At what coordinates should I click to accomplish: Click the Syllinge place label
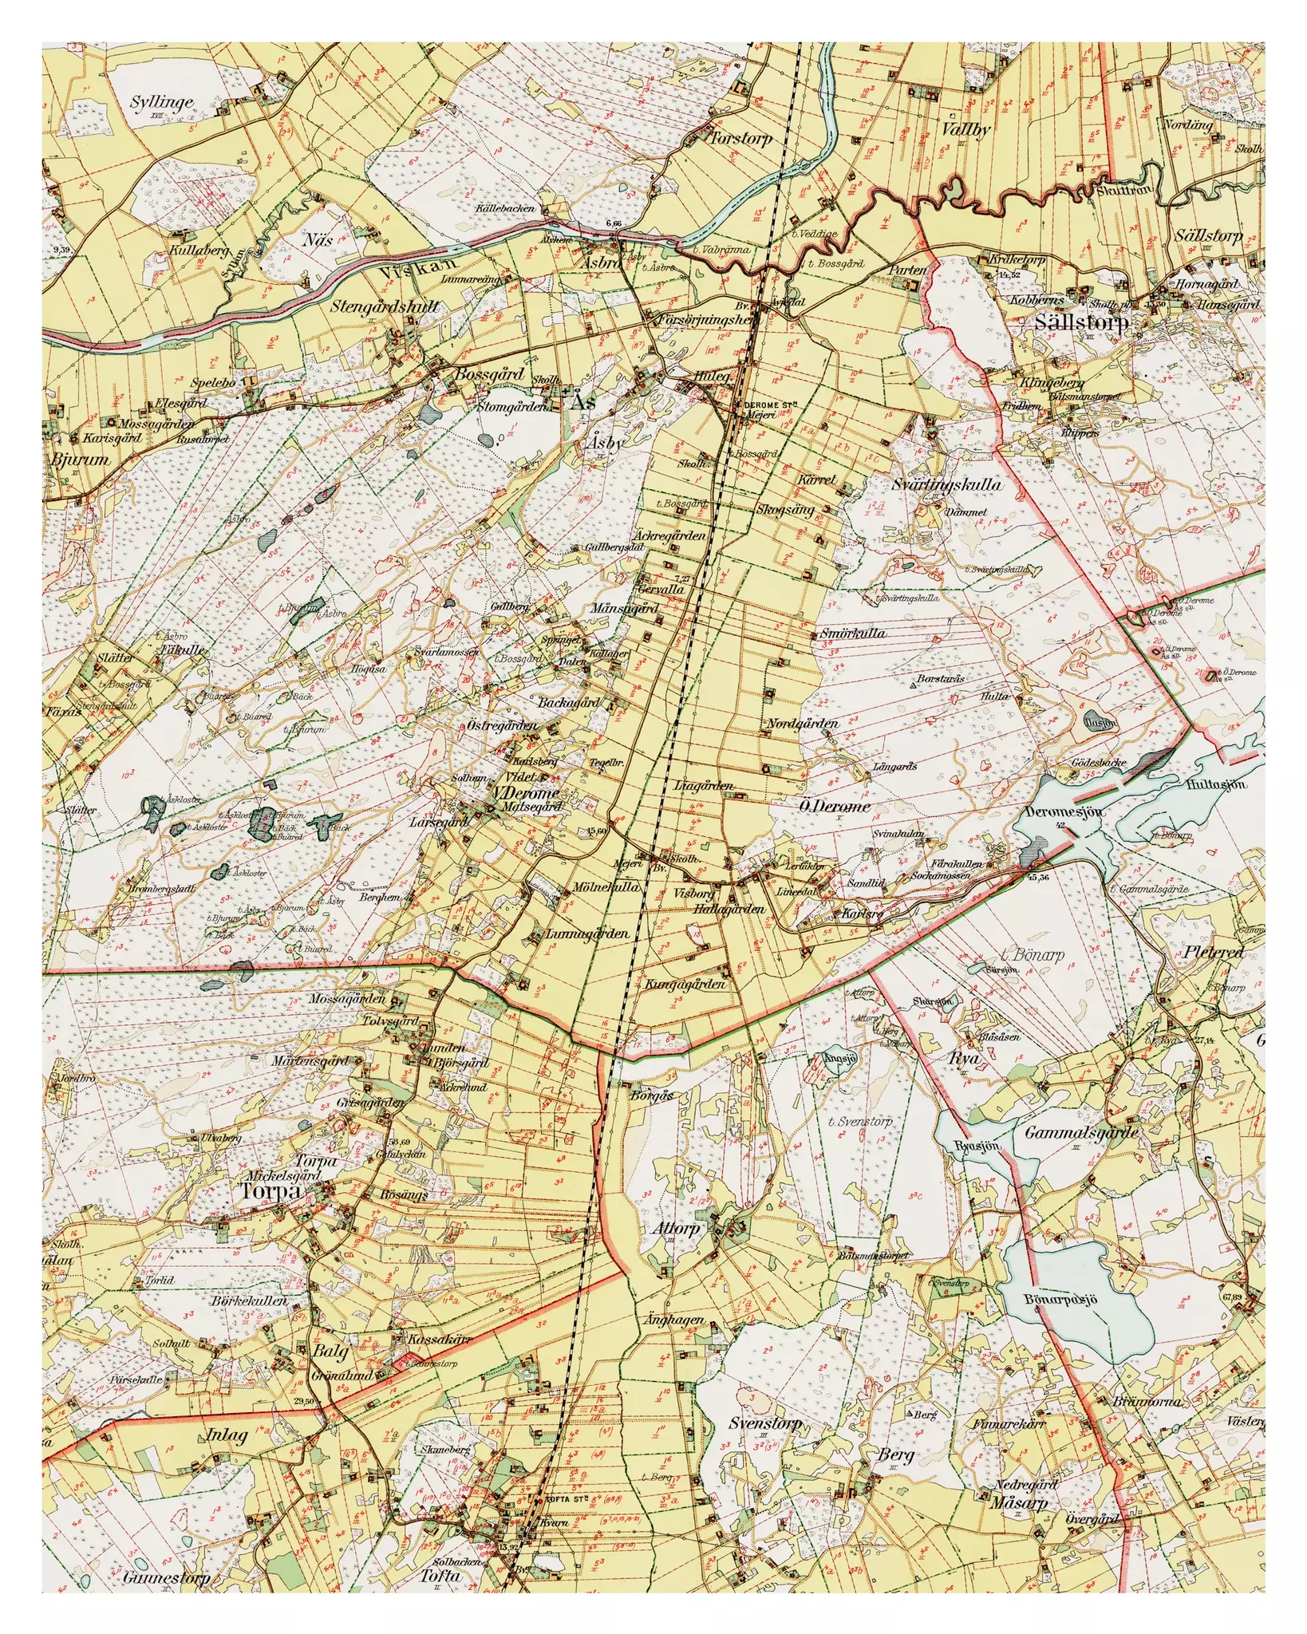[x=163, y=102]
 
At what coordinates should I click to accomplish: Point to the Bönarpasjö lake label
[x=1060, y=1299]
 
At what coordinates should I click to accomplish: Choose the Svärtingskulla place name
[x=946, y=484]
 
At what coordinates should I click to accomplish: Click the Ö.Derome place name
[x=835, y=806]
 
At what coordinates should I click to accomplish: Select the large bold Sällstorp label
[x=1081, y=322]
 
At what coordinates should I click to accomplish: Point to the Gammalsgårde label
[x=1081, y=1132]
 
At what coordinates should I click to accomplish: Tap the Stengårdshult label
[x=385, y=306]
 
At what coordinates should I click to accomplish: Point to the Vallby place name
[x=965, y=129]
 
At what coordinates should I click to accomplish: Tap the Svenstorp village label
[x=765, y=1424]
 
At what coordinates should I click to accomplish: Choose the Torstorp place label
[x=741, y=139]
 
